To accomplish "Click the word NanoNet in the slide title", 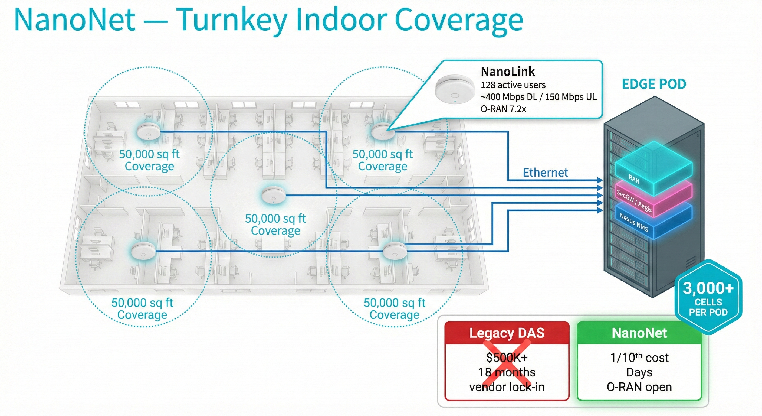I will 74,20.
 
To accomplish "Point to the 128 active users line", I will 513,85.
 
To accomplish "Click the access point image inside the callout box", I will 455,89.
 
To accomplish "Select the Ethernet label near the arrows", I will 545,173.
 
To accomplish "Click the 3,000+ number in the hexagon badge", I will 708,288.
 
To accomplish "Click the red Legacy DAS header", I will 507,333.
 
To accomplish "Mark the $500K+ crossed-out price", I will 507,358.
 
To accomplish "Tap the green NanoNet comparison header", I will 639,333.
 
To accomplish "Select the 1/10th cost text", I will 639,358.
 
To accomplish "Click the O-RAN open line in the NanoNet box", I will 639,387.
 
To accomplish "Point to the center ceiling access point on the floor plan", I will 273,195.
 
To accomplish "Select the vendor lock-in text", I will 507,387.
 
